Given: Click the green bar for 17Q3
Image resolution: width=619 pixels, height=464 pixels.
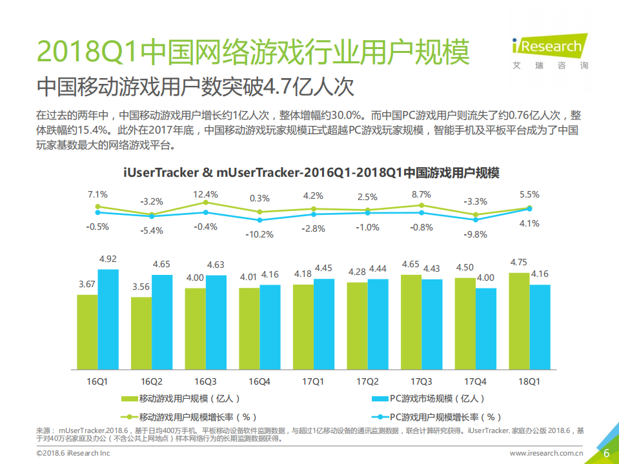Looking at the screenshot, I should pos(411,322).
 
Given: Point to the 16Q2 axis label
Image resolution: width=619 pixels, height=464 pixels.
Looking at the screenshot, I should pos(152,381).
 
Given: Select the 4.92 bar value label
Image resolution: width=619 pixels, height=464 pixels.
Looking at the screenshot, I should pos(108,259).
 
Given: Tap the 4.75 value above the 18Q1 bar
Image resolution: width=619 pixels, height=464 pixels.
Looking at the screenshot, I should pos(519,262).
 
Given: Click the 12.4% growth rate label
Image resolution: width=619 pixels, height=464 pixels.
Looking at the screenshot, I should pos(206,194).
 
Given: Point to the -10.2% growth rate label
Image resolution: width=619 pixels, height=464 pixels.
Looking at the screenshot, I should pos(259,234).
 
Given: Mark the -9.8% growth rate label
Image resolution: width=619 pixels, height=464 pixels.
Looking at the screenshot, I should pos(476,234).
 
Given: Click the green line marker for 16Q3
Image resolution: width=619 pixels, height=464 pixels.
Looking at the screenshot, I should pos(206,202).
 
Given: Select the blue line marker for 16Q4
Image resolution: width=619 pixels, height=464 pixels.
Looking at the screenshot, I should pos(259,219).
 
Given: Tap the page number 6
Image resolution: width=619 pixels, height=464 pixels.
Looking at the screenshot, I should pos(606,453).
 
